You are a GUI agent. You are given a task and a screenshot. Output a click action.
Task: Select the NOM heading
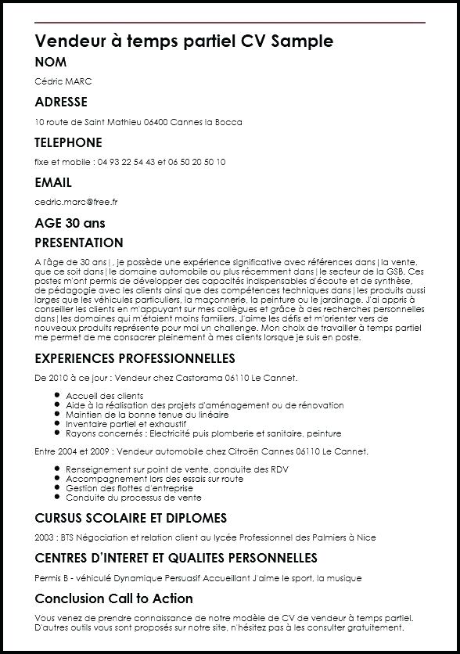tap(51, 63)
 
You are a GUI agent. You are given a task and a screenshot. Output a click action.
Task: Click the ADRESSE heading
tap(61, 102)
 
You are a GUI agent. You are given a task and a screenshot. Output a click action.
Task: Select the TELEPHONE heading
tap(68, 142)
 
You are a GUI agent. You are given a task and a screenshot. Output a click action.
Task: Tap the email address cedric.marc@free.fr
tap(76, 202)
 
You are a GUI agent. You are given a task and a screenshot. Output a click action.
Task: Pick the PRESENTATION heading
tap(79, 243)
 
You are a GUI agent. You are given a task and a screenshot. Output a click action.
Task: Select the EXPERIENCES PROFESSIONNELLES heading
tap(135, 358)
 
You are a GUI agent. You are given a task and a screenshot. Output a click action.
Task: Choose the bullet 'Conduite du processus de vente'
tap(133, 498)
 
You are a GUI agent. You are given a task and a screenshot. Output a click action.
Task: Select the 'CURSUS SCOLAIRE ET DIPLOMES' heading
tap(131, 518)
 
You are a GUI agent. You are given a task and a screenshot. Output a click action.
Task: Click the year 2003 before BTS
tap(45, 537)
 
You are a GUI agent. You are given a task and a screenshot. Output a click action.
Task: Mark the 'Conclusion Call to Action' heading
tap(113, 598)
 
